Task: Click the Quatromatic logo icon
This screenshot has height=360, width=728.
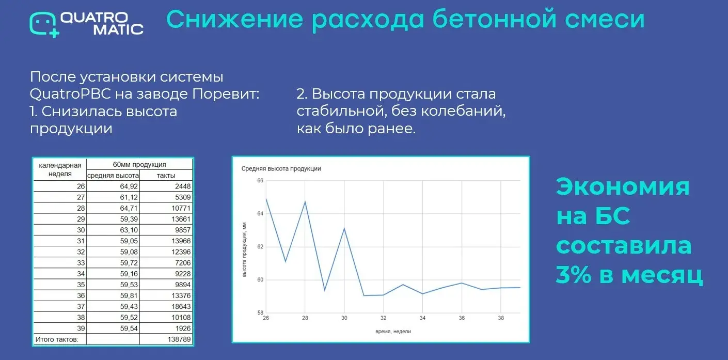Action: (x=43, y=24)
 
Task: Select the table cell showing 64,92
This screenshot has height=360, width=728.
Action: (x=114, y=186)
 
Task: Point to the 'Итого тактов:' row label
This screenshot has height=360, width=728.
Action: (x=56, y=339)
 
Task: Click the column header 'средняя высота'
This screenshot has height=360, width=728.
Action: (x=113, y=176)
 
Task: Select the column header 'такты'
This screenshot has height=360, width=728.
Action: (x=166, y=176)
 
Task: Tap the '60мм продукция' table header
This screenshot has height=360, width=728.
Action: (x=139, y=165)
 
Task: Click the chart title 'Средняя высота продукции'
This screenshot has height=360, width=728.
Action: (x=281, y=169)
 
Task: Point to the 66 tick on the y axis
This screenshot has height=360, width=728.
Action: (x=260, y=181)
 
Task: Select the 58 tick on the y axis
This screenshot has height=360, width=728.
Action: (x=260, y=313)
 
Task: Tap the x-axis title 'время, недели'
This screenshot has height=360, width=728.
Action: (x=393, y=331)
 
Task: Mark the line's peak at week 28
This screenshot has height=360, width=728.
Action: (x=305, y=201)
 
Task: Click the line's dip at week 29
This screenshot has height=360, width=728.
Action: (x=325, y=290)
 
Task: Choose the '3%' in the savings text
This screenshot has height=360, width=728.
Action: (x=574, y=275)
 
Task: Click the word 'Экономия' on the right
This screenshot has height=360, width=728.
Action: (x=623, y=187)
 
